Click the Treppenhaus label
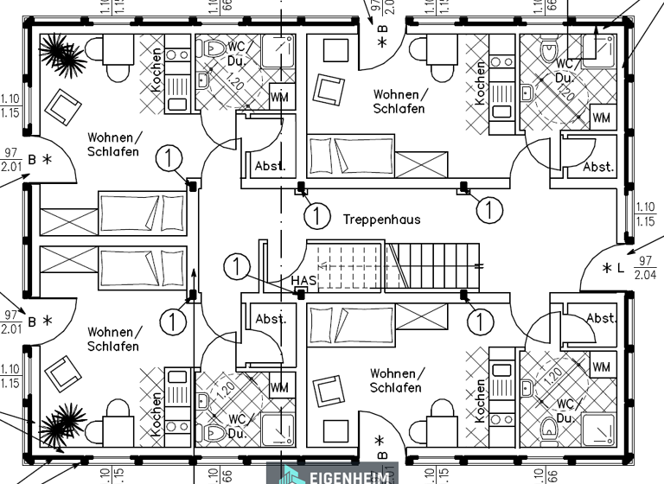[381, 220]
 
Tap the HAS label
[303, 281]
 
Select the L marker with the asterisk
[613, 268]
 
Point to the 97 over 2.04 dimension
[644, 268]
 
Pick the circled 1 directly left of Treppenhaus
[318, 214]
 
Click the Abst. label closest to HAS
[271, 319]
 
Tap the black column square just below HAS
[302, 295]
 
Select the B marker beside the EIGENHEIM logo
[381, 449]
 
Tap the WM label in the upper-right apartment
[602, 118]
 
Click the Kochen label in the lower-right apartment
[480, 399]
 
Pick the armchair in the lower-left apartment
[62, 373]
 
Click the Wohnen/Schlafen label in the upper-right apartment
[399, 101]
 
